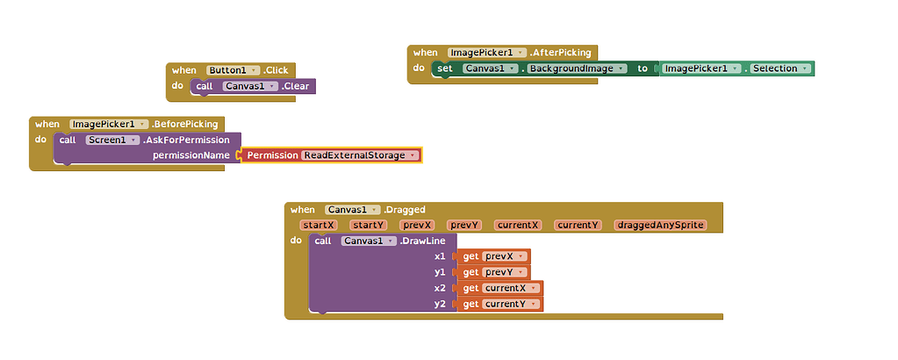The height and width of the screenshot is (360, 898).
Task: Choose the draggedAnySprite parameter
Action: click(659, 225)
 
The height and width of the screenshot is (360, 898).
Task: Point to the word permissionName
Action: click(191, 155)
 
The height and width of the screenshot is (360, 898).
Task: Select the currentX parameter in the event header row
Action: click(517, 225)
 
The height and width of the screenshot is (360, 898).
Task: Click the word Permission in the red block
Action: click(272, 155)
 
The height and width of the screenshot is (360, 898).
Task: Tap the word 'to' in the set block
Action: click(643, 68)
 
